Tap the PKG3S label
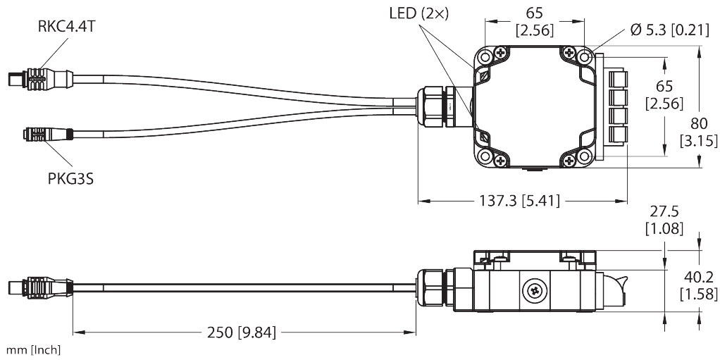[x=70, y=178]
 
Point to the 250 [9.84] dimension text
[x=240, y=332]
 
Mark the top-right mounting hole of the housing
[x=585, y=54]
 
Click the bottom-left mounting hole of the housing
[x=484, y=156]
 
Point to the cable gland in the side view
[x=437, y=288]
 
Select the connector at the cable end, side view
[x=35, y=287]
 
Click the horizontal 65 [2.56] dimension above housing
[x=535, y=21]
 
